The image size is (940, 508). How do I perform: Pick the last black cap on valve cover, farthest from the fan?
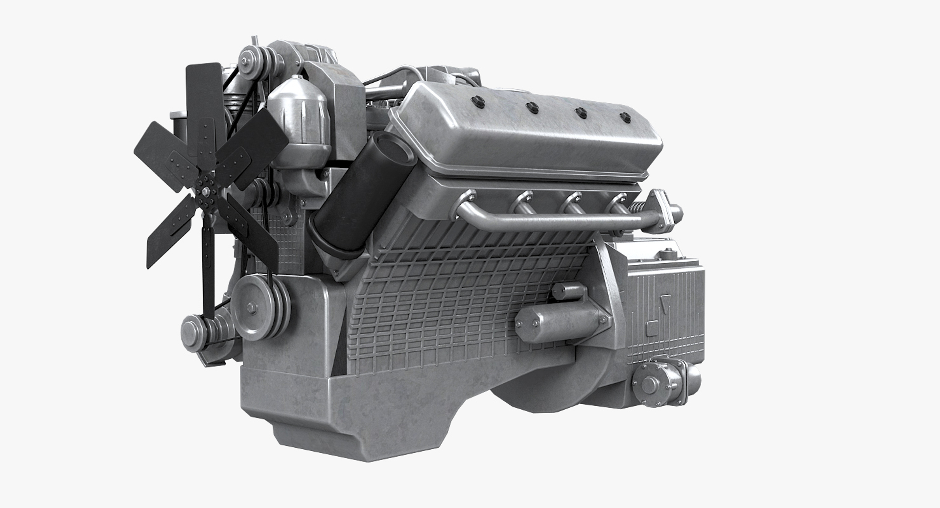(624, 117)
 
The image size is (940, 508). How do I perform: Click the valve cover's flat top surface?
(529, 122)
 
